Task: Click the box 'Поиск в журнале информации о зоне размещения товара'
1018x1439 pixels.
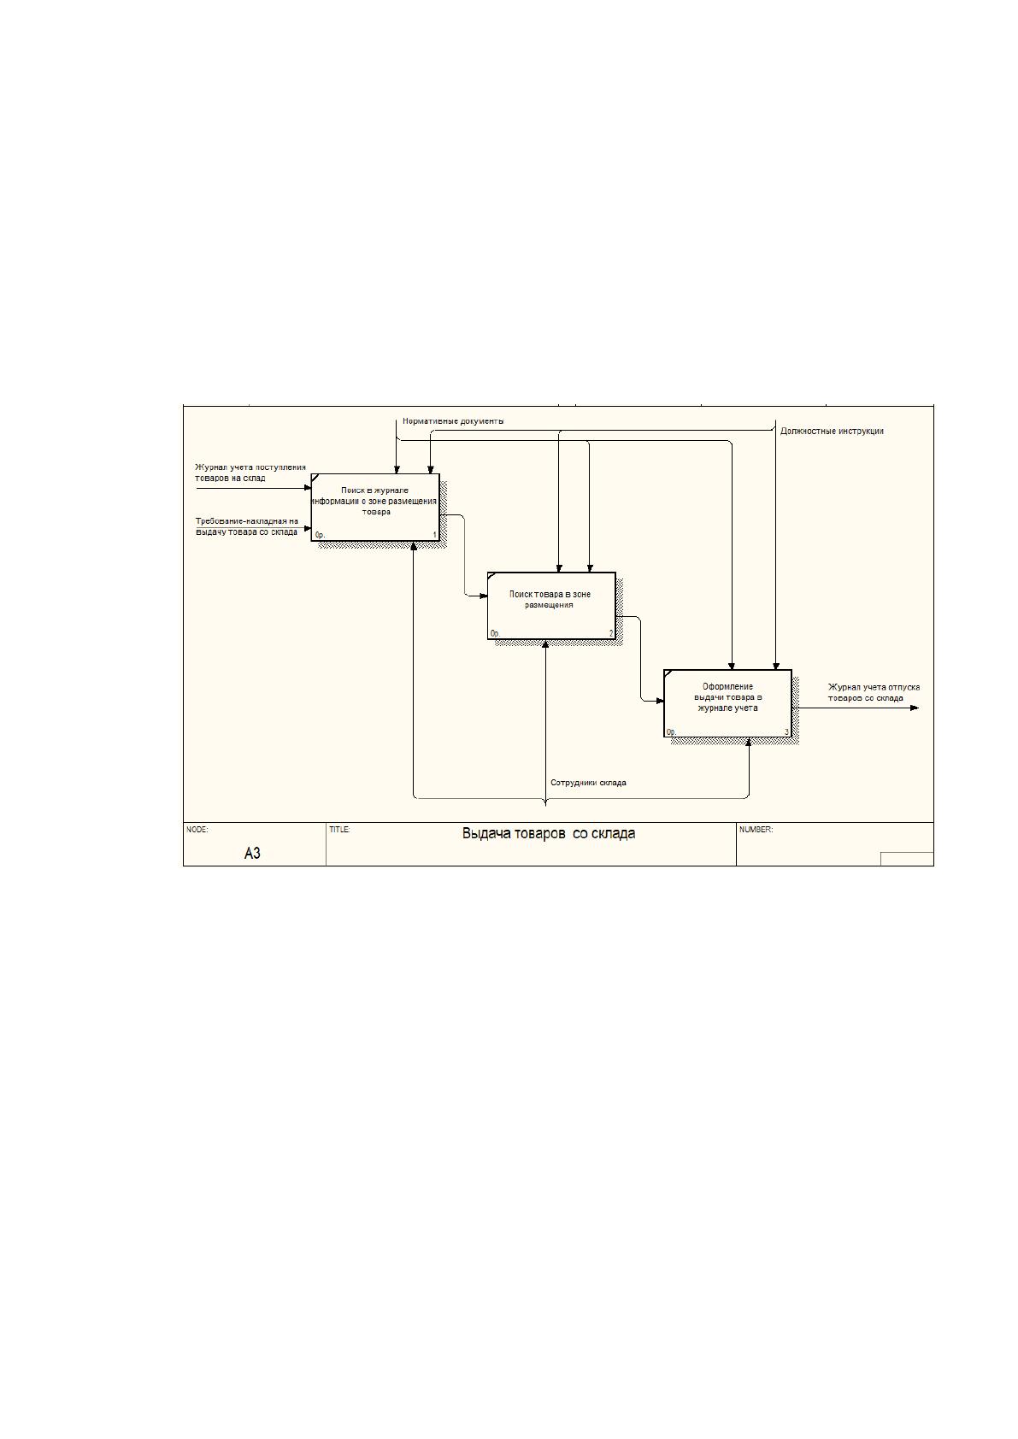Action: click(x=375, y=508)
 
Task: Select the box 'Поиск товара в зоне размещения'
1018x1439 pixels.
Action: click(x=551, y=606)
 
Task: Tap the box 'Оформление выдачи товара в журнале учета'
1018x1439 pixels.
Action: click(x=727, y=703)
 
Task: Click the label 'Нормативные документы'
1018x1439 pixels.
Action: click(x=453, y=421)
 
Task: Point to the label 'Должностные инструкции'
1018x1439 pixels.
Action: click(x=832, y=432)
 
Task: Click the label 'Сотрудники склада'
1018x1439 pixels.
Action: click(x=588, y=783)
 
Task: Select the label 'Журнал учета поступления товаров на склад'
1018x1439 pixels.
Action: click(x=250, y=473)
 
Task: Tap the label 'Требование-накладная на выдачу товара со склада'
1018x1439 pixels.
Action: click(x=247, y=526)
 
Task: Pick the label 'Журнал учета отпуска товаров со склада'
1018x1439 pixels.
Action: click(x=874, y=692)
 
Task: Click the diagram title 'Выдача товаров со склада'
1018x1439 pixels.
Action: click(x=549, y=834)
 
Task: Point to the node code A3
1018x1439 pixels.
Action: click(x=252, y=854)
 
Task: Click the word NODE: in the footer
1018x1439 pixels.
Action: click(x=197, y=830)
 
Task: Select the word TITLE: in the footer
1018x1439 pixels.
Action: click(x=339, y=830)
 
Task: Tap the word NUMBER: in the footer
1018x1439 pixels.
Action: click(x=756, y=830)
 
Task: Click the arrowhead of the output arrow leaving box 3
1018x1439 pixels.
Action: click(x=915, y=708)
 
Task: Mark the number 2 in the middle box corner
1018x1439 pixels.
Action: click(x=611, y=634)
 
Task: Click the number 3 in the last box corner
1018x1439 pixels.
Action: click(x=786, y=731)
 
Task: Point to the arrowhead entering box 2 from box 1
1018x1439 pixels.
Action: click(x=483, y=596)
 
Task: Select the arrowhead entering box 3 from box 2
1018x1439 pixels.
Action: click(x=659, y=701)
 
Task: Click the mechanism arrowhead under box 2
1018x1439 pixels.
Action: click(x=545, y=644)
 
